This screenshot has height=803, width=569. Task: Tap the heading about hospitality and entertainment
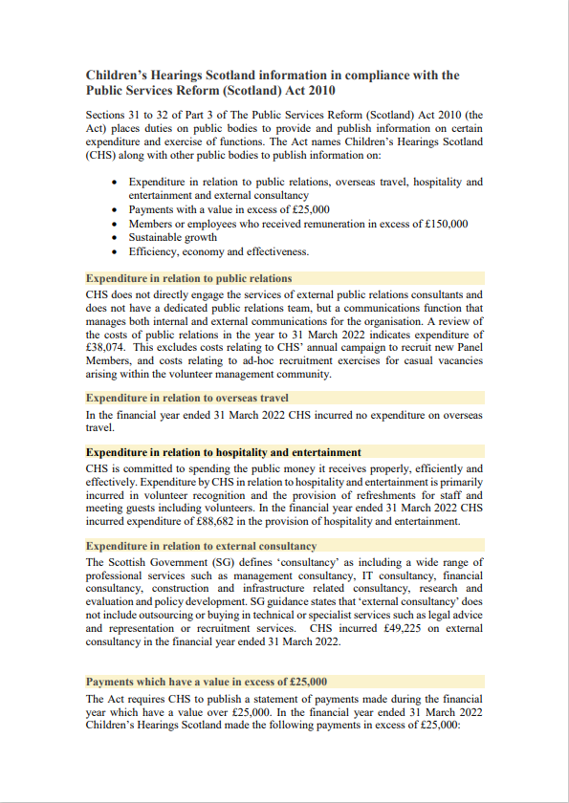pyautogui.click(x=224, y=451)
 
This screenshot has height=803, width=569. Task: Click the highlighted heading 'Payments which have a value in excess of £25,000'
pyautogui.click(x=207, y=682)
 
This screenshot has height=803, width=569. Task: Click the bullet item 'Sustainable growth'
pyautogui.click(x=173, y=237)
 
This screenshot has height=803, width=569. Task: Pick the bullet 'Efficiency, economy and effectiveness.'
pyautogui.click(x=219, y=251)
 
